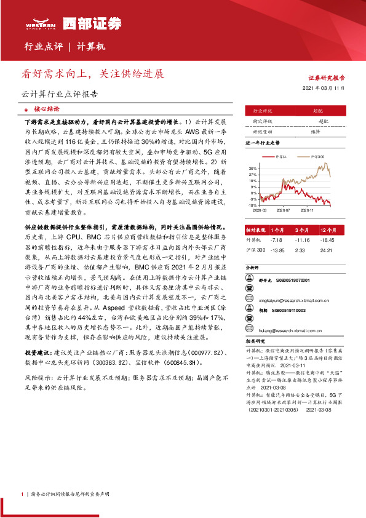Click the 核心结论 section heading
click(46, 108)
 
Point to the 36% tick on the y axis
click(253, 167)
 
